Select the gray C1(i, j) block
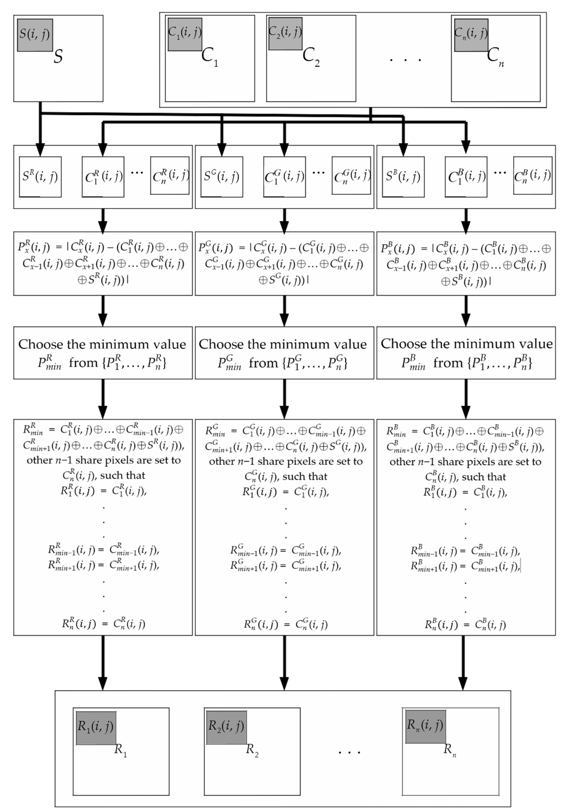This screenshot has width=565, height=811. pos(185,34)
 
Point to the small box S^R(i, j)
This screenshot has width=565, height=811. pos(40,177)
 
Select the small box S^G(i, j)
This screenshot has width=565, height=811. pos(221,177)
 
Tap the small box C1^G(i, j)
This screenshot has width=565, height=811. pos(284,177)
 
